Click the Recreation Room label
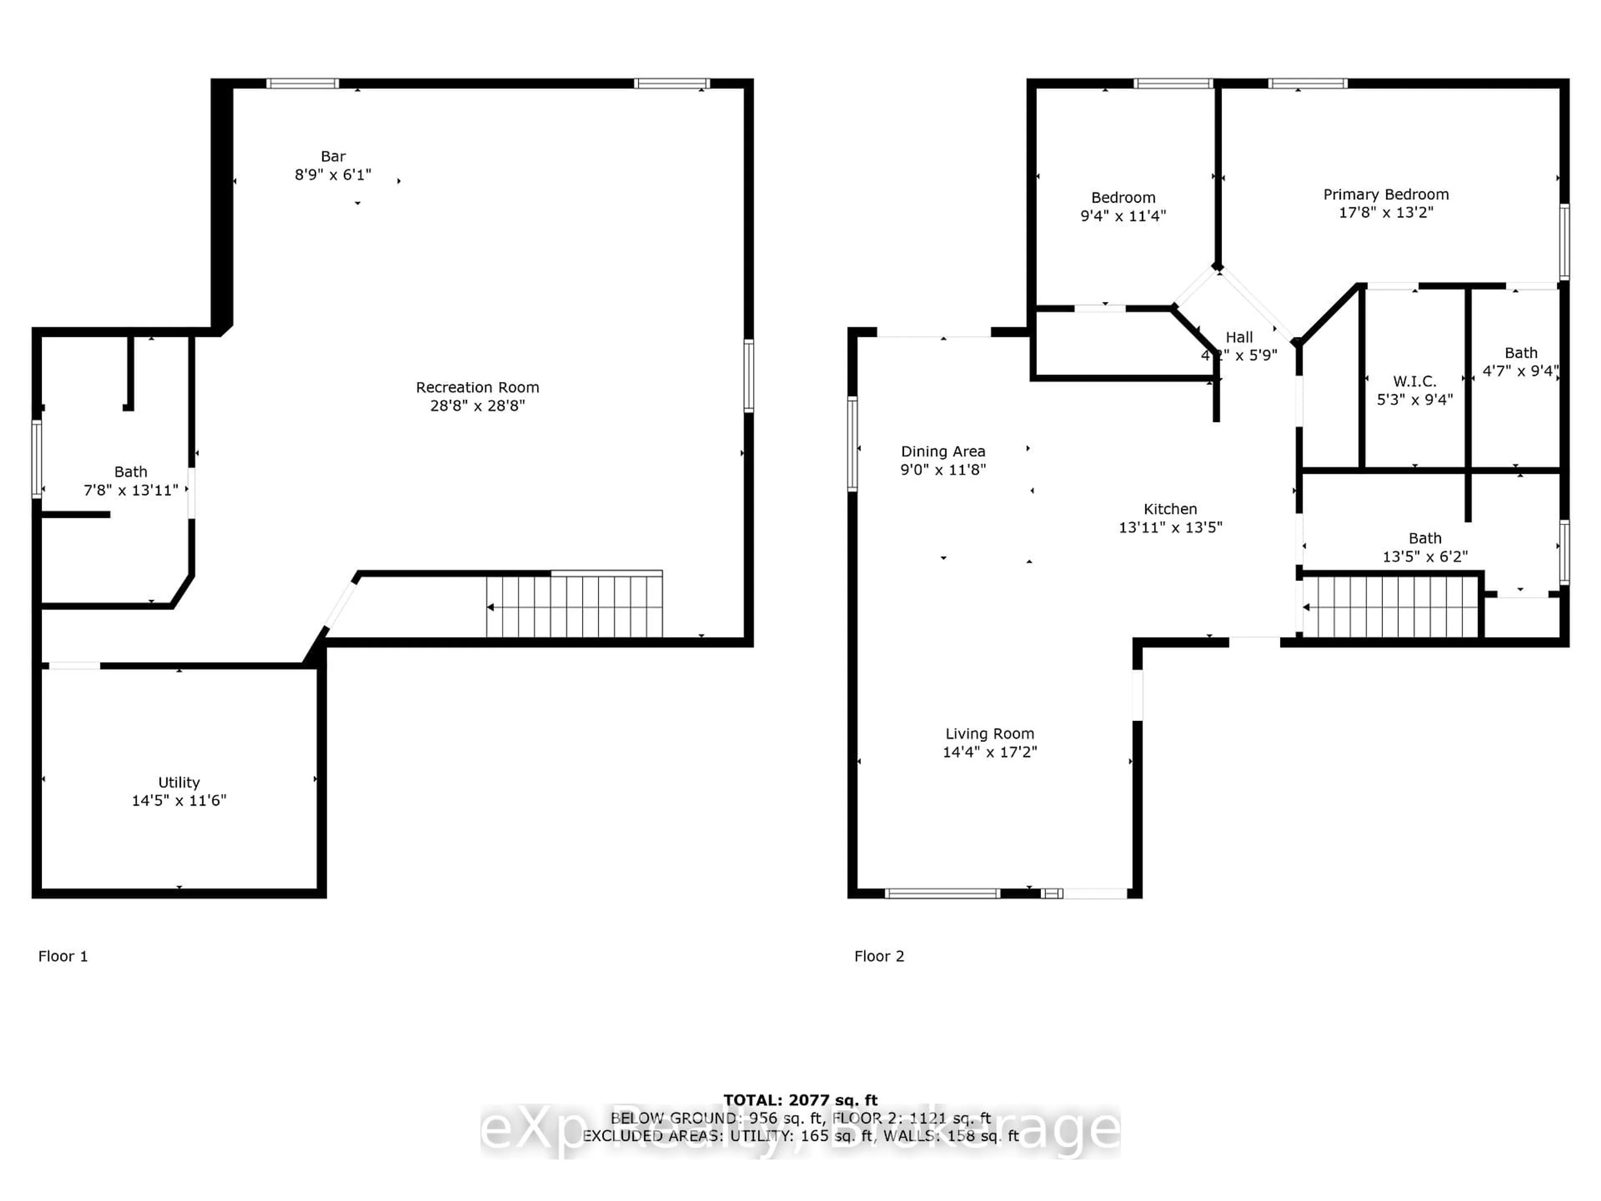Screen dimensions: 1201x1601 [x=477, y=387]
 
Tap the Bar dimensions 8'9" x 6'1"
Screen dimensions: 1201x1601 [x=333, y=174]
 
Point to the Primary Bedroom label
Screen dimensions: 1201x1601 [x=1385, y=194]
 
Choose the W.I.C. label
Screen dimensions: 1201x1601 [x=1414, y=381]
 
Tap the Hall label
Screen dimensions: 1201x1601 [x=1239, y=337]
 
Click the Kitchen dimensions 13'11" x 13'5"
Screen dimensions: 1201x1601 [x=1170, y=527]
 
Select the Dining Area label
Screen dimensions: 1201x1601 [x=942, y=451]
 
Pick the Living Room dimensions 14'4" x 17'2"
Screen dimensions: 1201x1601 [x=989, y=751]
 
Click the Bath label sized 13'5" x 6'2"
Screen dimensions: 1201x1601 [x=1424, y=538]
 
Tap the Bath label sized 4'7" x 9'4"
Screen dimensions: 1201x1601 [x=1521, y=352]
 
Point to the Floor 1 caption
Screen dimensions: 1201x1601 [x=63, y=956]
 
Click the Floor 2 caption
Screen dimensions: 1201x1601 [x=878, y=956]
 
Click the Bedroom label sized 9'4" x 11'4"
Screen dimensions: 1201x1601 [x=1123, y=198]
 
